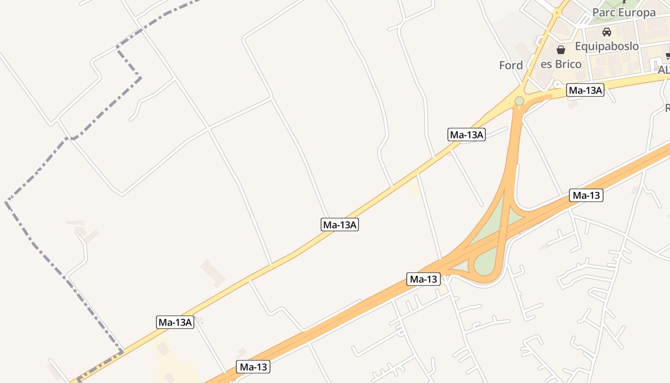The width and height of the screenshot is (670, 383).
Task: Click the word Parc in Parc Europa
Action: [603, 12]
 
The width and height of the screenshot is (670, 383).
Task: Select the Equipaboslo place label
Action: [607, 46]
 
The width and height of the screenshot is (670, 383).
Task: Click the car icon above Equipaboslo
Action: [607, 32]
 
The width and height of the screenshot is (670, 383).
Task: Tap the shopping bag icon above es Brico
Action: [561, 49]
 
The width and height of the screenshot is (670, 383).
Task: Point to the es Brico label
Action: [561, 64]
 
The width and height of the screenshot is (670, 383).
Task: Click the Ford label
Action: [511, 66]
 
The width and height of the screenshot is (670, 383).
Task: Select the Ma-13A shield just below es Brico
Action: [585, 90]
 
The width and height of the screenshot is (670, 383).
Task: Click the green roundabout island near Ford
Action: [519, 101]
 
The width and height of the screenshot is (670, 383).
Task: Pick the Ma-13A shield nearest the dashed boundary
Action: [175, 322]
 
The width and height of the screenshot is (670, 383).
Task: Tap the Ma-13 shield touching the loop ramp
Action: [424, 279]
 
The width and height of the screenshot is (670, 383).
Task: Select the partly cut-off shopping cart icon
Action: [668, 56]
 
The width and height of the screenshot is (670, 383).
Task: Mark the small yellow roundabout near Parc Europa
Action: [557, 13]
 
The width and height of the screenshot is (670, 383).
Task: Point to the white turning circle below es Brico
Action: [557, 84]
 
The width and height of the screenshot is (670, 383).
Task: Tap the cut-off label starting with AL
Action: [663, 70]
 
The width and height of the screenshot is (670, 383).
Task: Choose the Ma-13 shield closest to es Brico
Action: [586, 195]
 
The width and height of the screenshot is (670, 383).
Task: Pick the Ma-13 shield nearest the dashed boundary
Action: [253, 367]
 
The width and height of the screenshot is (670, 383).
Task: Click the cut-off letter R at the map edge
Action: [667, 109]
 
